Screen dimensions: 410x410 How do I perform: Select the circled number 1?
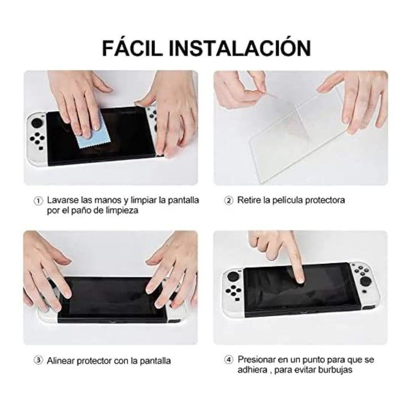pos(38,201)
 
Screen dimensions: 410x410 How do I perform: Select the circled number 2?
pos(229,201)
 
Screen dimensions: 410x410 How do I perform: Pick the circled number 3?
pos(38,361)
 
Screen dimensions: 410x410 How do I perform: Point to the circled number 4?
pos(229,360)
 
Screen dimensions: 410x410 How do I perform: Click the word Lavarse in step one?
pos(63,200)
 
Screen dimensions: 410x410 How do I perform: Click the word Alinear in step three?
pos(61,361)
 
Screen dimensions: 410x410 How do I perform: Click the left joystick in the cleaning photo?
pos(37,123)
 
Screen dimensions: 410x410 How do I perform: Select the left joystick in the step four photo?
pos(233,276)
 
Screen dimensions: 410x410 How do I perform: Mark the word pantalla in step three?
pos(155,361)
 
